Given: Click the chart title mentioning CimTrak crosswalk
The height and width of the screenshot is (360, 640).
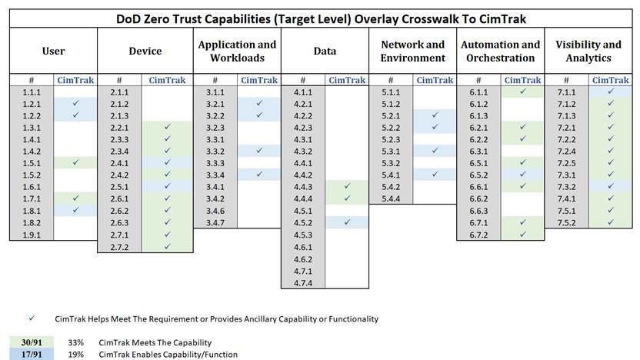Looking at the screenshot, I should point(320,18).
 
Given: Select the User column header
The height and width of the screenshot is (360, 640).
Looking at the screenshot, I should point(53,51).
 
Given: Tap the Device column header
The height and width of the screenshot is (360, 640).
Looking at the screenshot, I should point(145,51).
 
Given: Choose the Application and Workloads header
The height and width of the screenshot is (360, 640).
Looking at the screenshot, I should point(237,51).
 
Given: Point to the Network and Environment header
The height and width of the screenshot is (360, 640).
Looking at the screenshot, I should point(413,51).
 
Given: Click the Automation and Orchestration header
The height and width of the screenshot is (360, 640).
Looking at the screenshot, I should point(501,51).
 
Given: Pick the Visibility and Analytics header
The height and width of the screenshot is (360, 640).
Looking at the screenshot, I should point(588,51).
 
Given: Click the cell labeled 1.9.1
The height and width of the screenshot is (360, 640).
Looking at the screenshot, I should point(32,234).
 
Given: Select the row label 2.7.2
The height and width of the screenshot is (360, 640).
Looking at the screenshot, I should point(119,246).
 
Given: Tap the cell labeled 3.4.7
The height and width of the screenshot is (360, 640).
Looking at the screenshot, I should point(215,222).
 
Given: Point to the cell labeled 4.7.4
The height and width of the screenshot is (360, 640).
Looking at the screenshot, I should point(303,282).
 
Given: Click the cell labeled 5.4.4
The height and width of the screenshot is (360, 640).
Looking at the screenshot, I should point(391,198).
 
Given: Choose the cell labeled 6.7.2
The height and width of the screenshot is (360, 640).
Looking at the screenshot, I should point(478,234).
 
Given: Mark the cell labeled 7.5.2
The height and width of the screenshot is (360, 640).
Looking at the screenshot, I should point(566,222).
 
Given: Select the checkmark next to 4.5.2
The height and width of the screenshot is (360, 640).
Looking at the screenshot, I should point(347,222).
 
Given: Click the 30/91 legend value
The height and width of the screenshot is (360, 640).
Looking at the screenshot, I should point(32,342).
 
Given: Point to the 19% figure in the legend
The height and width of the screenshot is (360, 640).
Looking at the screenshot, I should point(76,355).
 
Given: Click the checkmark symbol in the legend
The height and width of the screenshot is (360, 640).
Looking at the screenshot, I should point(32,318).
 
